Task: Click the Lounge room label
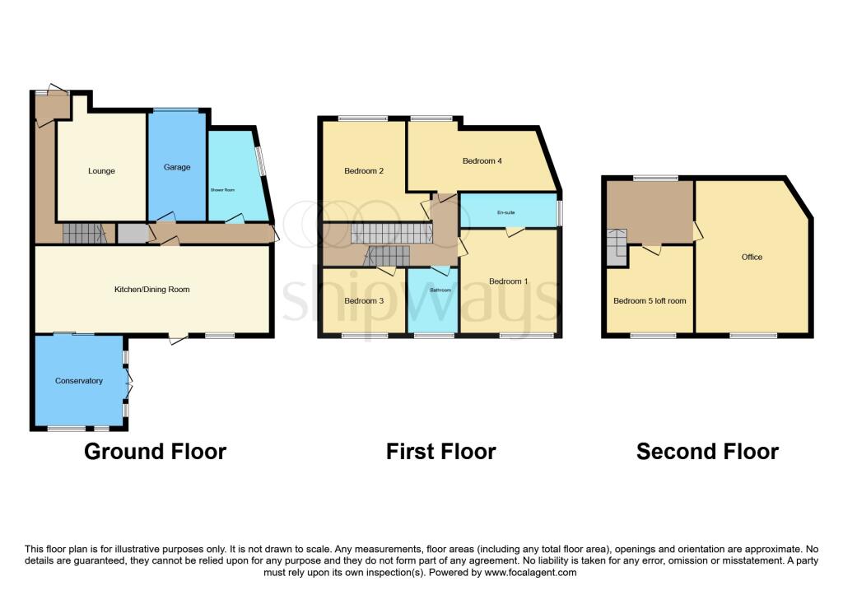(101, 171)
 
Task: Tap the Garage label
(177, 167)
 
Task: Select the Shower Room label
(222, 190)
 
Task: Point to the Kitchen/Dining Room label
(152, 289)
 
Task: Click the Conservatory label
(79, 380)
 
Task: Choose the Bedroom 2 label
(364, 171)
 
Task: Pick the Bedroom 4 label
(482, 160)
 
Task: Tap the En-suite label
(506, 212)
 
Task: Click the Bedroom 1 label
(509, 281)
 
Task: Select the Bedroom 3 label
(364, 300)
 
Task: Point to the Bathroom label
(441, 290)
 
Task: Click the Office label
(752, 257)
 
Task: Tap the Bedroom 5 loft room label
(650, 300)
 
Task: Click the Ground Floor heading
(156, 452)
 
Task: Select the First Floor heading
(441, 452)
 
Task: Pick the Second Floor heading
(707, 452)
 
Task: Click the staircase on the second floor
(617, 247)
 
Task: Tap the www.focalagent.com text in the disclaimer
(531, 572)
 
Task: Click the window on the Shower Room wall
(261, 160)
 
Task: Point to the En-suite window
(559, 213)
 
